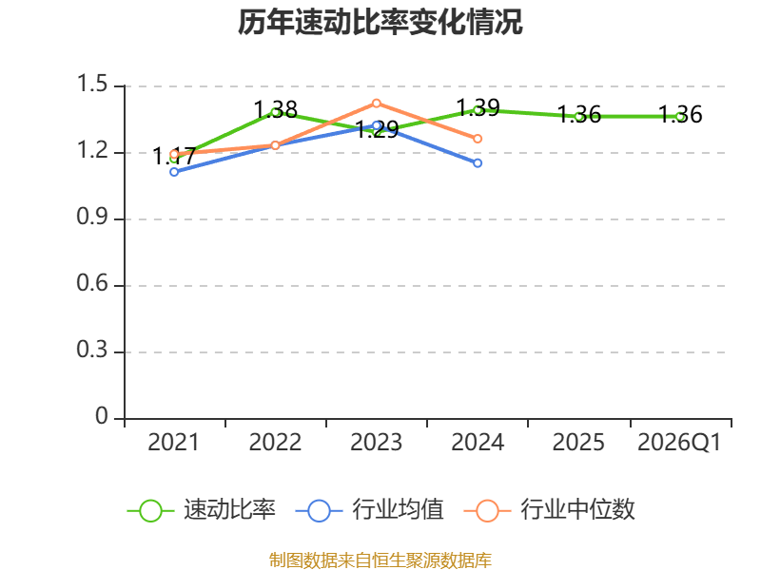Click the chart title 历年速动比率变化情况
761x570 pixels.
pyautogui.click(x=380, y=22)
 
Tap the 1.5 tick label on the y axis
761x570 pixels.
pyautogui.click(x=92, y=84)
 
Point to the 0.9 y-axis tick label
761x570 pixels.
pyautogui.click(x=92, y=217)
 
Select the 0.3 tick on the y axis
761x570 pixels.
pyautogui.click(x=92, y=350)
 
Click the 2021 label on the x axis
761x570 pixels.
pyautogui.click(x=173, y=443)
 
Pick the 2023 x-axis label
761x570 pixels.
pyautogui.click(x=376, y=443)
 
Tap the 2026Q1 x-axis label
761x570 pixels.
pyautogui.click(x=679, y=443)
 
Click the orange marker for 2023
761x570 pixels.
pyautogui.click(x=376, y=104)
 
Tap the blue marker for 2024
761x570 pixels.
pyautogui.click(x=478, y=162)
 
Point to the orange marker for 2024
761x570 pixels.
pyautogui.click(x=478, y=139)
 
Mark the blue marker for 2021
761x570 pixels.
pyautogui.click(x=174, y=172)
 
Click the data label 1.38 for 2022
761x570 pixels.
pyautogui.click(x=276, y=109)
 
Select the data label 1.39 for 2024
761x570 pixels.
pyautogui.click(x=478, y=107)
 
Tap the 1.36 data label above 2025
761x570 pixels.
pyautogui.click(x=579, y=114)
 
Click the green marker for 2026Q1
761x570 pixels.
pyautogui.click(x=680, y=116)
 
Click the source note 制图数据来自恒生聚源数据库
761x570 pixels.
pyautogui.click(x=380, y=560)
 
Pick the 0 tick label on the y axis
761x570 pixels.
pyautogui.click(x=102, y=416)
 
